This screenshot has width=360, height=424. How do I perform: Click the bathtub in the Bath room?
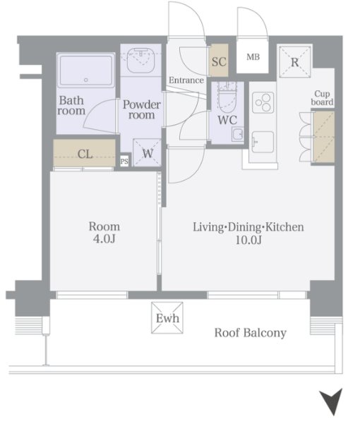pyautogui.click(x=85, y=70)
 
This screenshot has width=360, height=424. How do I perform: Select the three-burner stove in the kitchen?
pyautogui.click(x=263, y=102)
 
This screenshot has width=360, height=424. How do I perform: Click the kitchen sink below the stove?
pyautogui.click(x=263, y=142)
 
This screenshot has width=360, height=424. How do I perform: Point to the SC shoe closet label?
pyautogui.click(x=219, y=61)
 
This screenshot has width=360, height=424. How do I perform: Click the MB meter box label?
pyautogui.click(x=253, y=57)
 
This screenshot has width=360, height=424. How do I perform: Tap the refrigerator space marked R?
pyautogui.click(x=295, y=61)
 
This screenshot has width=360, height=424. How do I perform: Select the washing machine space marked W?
pyautogui.click(x=147, y=152)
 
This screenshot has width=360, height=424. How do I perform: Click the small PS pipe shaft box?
pyautogui.click(x=124, y=162)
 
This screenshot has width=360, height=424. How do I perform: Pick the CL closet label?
pyautogui.click(x=85, y=154)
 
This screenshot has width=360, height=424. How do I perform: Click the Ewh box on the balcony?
pyautogui.click(x=167, y=317)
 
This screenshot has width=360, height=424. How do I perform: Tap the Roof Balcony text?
pyautogui.click(x=250, y=332)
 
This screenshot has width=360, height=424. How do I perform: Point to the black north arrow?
pyautogui.click(x=332, y=401)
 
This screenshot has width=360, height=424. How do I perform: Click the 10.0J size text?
pyautogui.click(x=248, y=240)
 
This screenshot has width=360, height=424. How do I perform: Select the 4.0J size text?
pyautogui.click(x=104, y=238)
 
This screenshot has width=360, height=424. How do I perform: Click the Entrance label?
pyautogui.click(x=186, y=80)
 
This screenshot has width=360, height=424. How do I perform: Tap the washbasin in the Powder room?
pyautogui.click(x=140, y=61)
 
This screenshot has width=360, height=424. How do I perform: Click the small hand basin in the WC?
pyautogui.click(x=237, y=135)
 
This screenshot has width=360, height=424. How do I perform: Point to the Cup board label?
pyautogui.click(x=322, y=98)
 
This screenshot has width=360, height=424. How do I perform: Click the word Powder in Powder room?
pyautogui.click(x=142, y=104)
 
